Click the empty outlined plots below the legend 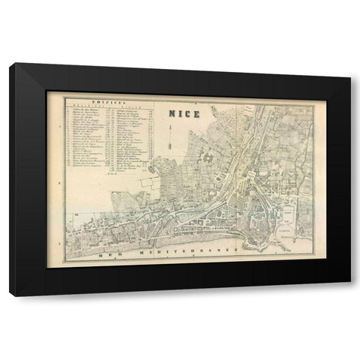150,180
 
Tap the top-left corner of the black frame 10,64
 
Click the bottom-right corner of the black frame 349,295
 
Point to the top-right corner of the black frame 349,64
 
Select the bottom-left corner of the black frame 10,295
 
